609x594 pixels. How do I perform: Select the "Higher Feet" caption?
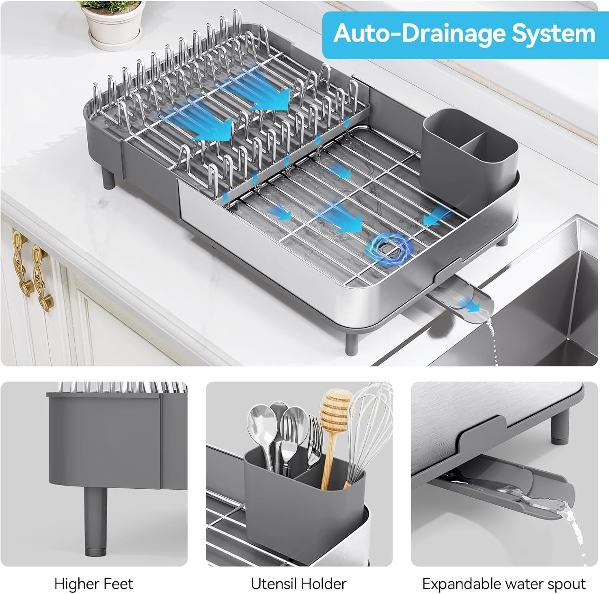point(93,584)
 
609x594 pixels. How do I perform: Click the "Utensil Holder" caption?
point(298,584)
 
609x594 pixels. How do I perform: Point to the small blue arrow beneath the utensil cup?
point(434,215)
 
